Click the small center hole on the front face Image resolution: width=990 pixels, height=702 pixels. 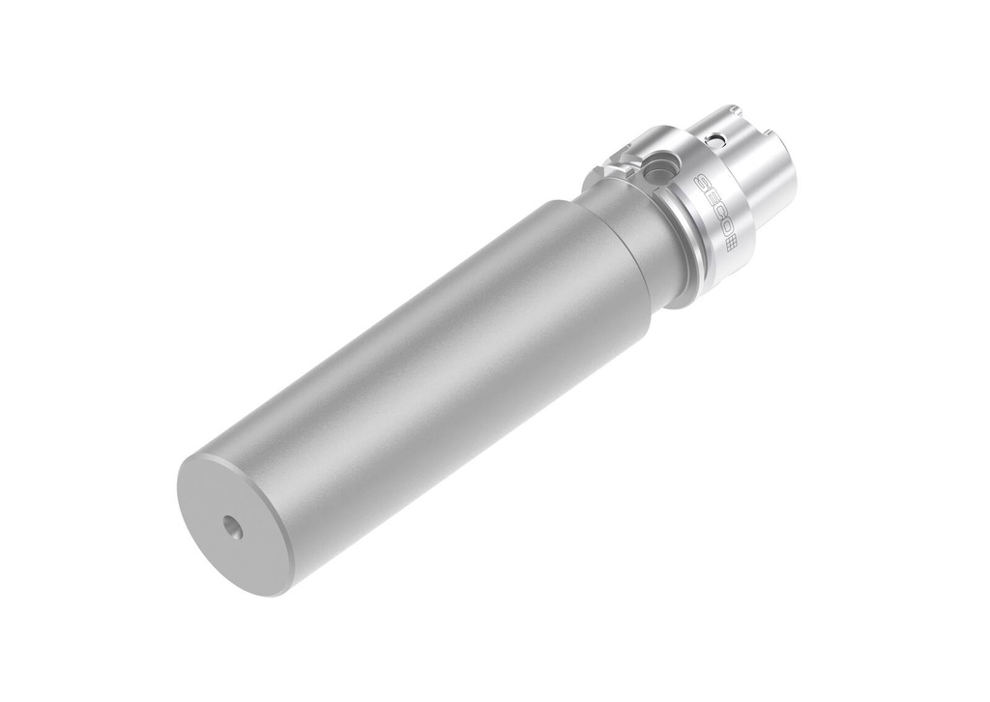point(234,526)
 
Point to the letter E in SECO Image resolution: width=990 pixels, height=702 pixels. point(709,198)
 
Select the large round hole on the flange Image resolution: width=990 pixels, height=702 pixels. point(657,166)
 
